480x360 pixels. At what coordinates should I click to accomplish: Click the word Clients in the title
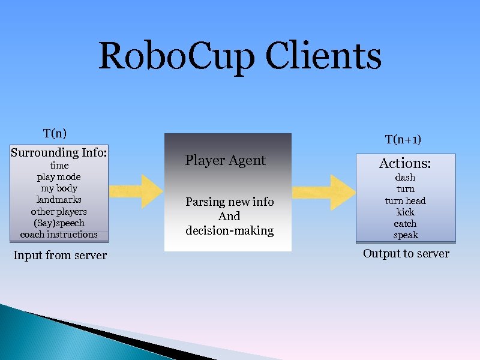323,56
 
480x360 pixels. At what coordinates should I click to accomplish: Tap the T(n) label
55,133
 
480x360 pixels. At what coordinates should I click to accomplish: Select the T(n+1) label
403,139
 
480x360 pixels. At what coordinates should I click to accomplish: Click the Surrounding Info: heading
59,152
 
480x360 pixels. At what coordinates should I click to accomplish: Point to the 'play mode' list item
59,177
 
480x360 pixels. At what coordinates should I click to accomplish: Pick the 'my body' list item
59,188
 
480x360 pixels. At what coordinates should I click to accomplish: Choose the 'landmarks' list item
59,200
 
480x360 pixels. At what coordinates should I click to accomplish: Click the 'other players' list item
59,211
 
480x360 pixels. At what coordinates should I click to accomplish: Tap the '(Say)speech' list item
59,223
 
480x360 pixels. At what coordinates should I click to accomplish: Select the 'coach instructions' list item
59,234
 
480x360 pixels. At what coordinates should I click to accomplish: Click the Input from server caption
60,256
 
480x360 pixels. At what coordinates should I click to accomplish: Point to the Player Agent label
225,160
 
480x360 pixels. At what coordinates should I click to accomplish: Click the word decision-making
229,230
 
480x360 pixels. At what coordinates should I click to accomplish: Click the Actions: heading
405,163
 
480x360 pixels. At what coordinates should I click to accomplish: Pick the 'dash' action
405,178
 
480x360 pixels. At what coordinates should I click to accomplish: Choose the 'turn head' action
405,200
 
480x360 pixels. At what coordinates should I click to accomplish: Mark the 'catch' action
405,223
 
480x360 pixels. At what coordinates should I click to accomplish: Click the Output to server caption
406,254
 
